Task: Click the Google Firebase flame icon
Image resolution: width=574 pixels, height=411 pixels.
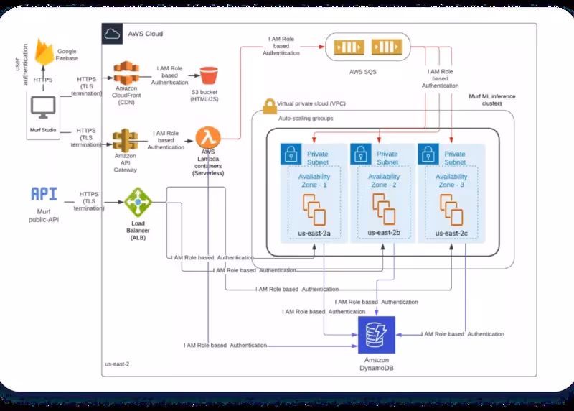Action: (45, 51)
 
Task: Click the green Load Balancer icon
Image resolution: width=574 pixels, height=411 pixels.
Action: (138, 203)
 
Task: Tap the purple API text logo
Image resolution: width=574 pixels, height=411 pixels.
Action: (44, 194)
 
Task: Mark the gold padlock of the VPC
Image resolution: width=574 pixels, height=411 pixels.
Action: (270, 106)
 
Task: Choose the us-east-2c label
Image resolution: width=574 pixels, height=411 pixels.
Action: (451, 233)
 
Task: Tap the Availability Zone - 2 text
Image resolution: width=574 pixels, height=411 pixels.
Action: (384, 180)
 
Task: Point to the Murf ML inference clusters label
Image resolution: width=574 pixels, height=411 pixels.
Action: (492, 99)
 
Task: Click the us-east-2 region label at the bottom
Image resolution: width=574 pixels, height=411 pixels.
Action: (117, 364)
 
